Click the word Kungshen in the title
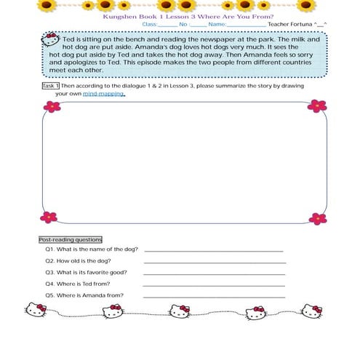118,16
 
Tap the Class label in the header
150,24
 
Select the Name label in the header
217,24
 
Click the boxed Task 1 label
51,86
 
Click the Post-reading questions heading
70,239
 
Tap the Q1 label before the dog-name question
50,249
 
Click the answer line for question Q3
214,274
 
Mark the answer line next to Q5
214,297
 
